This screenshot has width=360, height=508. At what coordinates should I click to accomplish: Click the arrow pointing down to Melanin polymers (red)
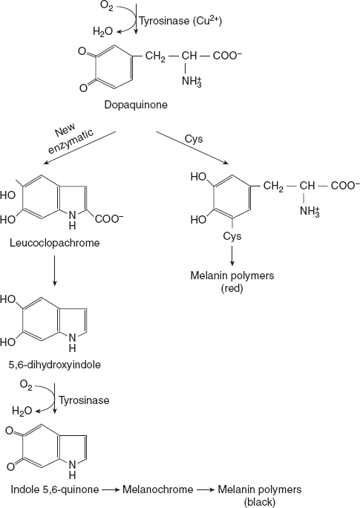(232, 255)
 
